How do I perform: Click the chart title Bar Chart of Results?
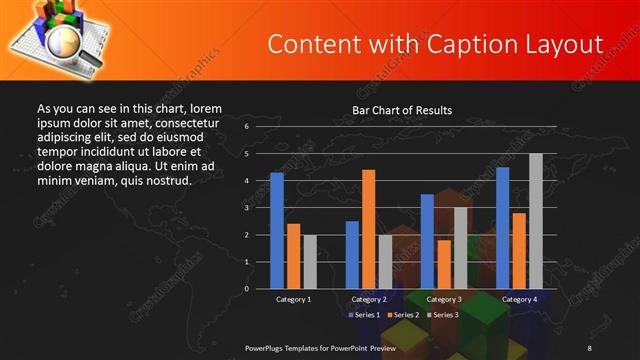[x=402, y=110]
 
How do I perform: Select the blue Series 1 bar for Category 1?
[x=277, y=231]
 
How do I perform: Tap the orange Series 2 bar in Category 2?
[x=368, y=229]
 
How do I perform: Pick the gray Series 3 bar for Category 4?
[x=536, y=221]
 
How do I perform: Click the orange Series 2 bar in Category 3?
[x=444, y=264]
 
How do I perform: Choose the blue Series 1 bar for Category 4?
[x=502, y=228]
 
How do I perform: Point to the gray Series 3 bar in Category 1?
[x=310, y=262]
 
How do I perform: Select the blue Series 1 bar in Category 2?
[x=352, y=255]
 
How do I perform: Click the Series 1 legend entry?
[x=365, y=315]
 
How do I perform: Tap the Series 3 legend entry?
[x=445, y=315]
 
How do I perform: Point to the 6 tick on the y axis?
[x=246, y=127]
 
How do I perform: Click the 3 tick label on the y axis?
[x=246, y=208]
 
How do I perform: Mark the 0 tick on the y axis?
[x=246, y=289]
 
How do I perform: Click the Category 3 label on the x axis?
[x=444, y=299]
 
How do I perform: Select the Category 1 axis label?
[x=293, y=299]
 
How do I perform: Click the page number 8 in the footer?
[x=589, y=347]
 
